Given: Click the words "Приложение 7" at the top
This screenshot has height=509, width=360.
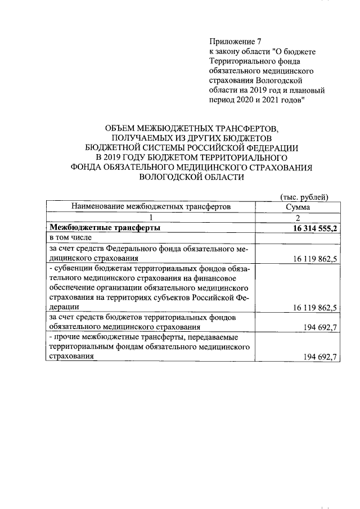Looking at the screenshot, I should (236, 42).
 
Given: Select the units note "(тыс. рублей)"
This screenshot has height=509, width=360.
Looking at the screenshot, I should (304, 197).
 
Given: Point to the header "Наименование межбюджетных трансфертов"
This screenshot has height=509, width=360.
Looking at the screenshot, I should (150, 207).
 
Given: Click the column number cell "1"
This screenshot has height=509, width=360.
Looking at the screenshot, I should (150, 218).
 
